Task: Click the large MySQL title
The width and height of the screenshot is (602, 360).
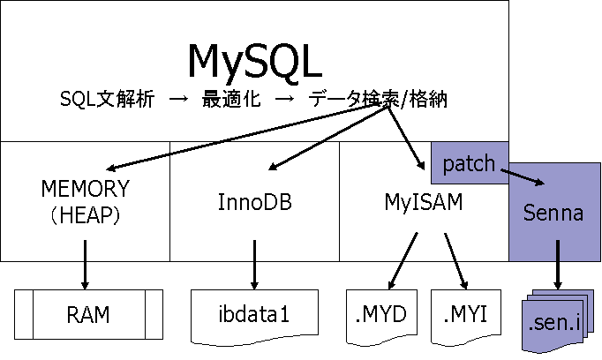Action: pos(254,60)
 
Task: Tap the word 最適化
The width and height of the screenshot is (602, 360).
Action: pos(230,100)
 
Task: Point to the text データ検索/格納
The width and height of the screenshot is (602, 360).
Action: pos(379,100)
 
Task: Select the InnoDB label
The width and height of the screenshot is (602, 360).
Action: pos(254,202)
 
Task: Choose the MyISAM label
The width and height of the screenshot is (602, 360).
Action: pos(424,202)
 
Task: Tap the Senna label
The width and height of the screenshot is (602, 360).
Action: pos(553,213)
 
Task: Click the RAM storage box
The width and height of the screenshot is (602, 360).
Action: pos(87,313)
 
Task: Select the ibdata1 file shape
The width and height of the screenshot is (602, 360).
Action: pos(254,313)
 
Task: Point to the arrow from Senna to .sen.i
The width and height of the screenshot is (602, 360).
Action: pos(556,274)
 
